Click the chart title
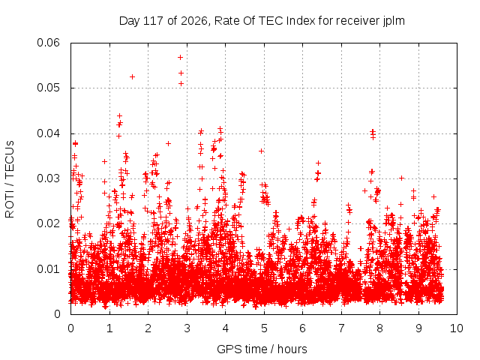point(262,21)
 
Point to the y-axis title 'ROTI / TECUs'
point(10,179)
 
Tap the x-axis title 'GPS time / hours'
point(262,349)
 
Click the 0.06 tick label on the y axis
point(48,43)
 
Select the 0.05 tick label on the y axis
point(48,88)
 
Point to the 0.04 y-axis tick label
point(48,133)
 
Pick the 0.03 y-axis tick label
point(48,178)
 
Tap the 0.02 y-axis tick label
point(48,223)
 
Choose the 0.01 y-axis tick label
point(48,269)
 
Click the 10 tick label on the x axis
point(457,328)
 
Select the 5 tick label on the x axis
point(264,328)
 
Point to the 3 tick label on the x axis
point(187,328)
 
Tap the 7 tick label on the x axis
point(341,328)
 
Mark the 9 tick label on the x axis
point(418,328)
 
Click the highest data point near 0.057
point(180,57)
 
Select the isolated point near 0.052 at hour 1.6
point(132,76)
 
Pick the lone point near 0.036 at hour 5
point(261,151)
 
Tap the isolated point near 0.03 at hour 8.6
point(402,178)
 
